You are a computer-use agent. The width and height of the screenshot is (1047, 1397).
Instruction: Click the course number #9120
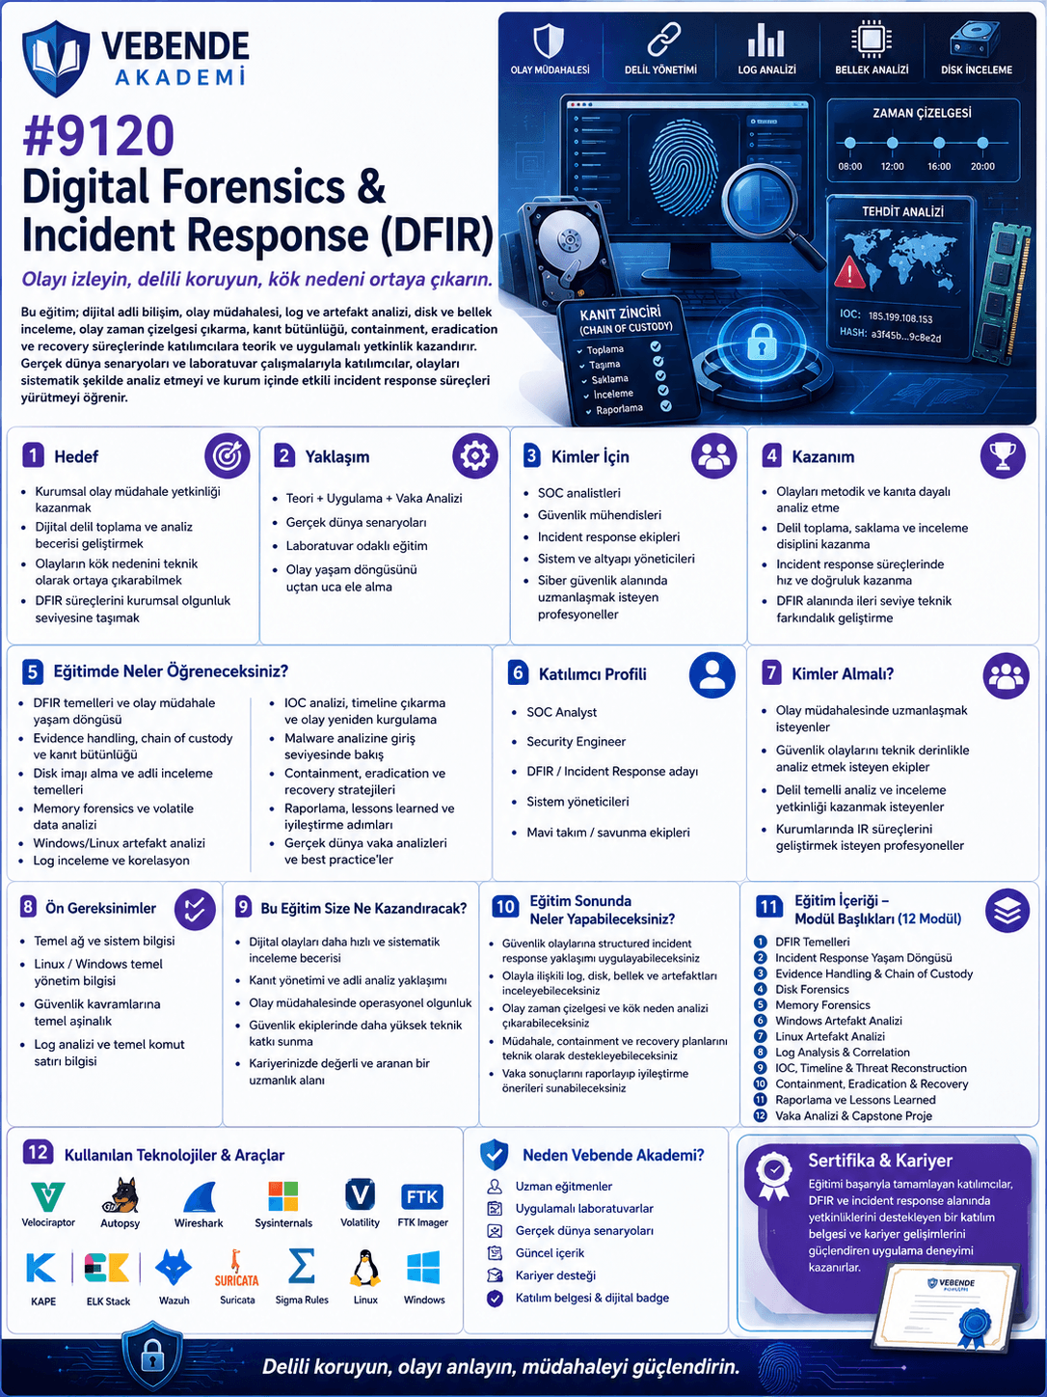click(x=98, y=135)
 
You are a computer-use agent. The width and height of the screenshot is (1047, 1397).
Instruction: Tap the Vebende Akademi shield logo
click(x=55, y=59)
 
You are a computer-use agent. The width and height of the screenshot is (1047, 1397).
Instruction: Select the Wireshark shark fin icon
click(x=200, y=1196)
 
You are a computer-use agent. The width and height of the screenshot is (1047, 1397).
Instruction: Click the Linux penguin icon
click(x=365, y=1268)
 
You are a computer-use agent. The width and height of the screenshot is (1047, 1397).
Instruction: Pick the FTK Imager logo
click(x=422, y=1196)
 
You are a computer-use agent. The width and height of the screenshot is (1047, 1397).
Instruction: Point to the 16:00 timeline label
click(x=938, y=166)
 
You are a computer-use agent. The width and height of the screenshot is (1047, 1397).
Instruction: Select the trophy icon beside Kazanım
click(x=1003, y=455)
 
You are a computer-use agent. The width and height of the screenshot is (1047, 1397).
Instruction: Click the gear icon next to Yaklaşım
click(x=475, y=455)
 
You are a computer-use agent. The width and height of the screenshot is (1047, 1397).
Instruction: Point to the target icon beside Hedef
click(x=227, y=455)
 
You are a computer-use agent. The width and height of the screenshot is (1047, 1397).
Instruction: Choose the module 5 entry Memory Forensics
click(x=822, y=1005)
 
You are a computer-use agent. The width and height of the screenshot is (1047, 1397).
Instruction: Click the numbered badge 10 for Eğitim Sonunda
click(x=505, y=907)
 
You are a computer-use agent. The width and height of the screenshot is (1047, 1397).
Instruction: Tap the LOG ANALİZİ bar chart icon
click(x=765, y=40)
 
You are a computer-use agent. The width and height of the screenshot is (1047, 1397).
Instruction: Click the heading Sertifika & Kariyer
click(x=880, y=1161)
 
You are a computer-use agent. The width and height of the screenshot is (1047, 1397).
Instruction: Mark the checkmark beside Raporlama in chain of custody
click(x=665, y=405)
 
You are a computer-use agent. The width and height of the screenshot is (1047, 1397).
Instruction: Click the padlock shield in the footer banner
click(x=152, y=1356)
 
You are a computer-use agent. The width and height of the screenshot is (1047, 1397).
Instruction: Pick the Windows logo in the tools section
click(x=423, y=1268)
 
